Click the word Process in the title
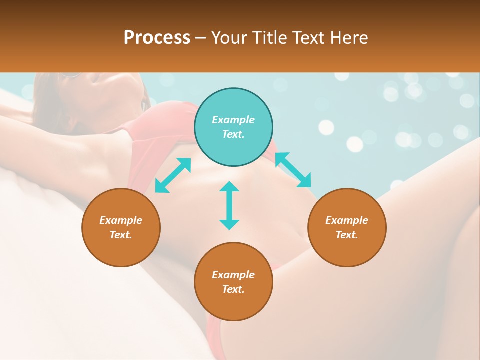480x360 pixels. pos(157,38)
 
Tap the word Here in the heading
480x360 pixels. pos(348,38)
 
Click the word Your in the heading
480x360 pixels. pos(229,38)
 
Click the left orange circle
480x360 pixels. pos(121,245)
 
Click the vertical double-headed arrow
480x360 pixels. pos(229,205)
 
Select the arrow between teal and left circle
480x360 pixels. pos(173,175)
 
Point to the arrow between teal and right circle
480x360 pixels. pos(293,170)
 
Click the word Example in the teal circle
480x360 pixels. pos(233,120)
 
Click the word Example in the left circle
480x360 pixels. pos(121,220)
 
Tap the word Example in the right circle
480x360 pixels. pos(347,220)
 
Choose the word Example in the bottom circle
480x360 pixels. pos(233,275)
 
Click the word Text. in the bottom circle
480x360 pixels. pos(233,289)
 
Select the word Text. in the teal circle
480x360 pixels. pos(233,134)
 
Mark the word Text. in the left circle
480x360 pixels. pos(121,235)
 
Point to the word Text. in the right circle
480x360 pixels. pos(347,235)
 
